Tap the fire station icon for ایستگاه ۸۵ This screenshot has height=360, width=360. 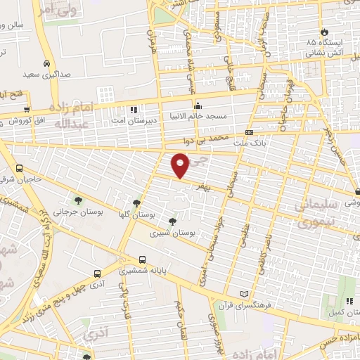(x=324, y=32)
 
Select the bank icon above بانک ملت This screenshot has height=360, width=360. (x=249, y=132)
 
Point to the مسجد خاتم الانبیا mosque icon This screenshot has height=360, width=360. (x=198, y=106)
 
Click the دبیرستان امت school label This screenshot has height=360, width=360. (x=135, y=120)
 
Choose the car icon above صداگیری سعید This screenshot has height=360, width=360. (x=46, y=61)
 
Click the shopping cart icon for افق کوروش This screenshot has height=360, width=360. (x=27, y=109)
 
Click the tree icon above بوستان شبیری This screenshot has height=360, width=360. (x=172, y=221)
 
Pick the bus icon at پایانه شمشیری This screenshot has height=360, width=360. (x=143, y=259)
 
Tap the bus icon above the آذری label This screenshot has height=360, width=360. (x=97, y=274)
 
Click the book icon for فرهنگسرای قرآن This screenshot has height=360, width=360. (x=244, y=292)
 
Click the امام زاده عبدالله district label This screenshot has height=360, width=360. (x=72, y=115)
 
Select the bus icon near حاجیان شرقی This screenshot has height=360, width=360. (x=19, y=168)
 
